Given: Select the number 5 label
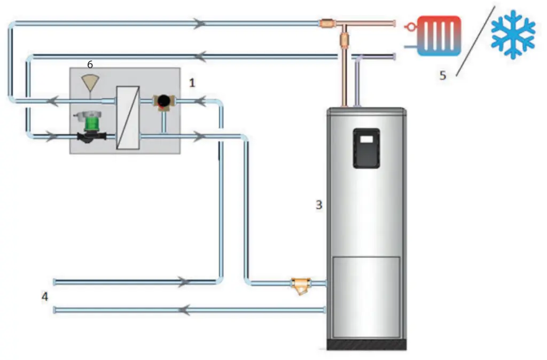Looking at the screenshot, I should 443,75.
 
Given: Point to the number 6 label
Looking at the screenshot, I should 90,64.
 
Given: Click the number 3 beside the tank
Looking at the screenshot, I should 319,205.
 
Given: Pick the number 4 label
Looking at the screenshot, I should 45,296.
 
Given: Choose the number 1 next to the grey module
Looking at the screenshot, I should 192,83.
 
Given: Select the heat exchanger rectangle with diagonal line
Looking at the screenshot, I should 128,118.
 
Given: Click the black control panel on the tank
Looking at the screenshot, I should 366,148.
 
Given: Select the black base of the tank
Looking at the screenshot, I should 366,345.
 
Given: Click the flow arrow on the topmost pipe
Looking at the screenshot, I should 200,24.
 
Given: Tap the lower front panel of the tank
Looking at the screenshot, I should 366,296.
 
